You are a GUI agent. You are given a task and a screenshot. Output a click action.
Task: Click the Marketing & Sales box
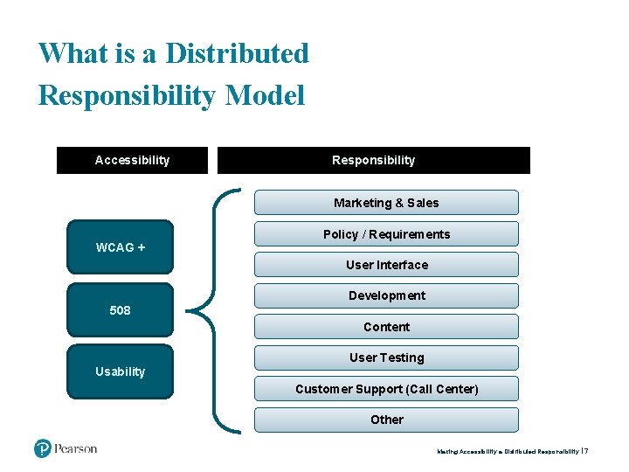pos(386,203)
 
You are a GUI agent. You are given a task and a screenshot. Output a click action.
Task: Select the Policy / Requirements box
pos(386,234)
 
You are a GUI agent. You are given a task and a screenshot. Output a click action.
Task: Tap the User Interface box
pos(386,265)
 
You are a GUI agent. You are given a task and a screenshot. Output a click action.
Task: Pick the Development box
pos(386,295)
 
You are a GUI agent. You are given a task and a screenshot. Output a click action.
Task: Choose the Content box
pos(386,327)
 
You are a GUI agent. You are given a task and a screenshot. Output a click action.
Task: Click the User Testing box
pos(386,357)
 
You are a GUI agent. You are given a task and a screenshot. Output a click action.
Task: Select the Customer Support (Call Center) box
pos(386,389)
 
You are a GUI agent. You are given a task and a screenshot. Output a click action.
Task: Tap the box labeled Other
pos(386,420)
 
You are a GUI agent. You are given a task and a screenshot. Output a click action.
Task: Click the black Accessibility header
pos(132,160)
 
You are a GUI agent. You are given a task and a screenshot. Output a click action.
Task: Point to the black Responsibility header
pos(373,160)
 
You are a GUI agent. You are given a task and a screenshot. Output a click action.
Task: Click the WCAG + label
pos(121,247)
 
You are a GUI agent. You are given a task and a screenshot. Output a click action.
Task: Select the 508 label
pos(121,310)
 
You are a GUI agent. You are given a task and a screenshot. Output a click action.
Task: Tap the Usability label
pos(121,371)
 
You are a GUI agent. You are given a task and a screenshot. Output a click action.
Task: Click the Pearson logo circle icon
pos(43,448)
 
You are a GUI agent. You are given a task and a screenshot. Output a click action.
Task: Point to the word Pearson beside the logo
pos(76,448)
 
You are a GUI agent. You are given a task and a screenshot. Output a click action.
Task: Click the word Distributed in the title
pos(237,53)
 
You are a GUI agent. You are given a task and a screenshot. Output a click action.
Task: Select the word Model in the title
pos(265,94)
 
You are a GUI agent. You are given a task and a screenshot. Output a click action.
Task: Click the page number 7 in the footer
pos(587,451)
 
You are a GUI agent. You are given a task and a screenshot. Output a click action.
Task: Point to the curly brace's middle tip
pos(193,310)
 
